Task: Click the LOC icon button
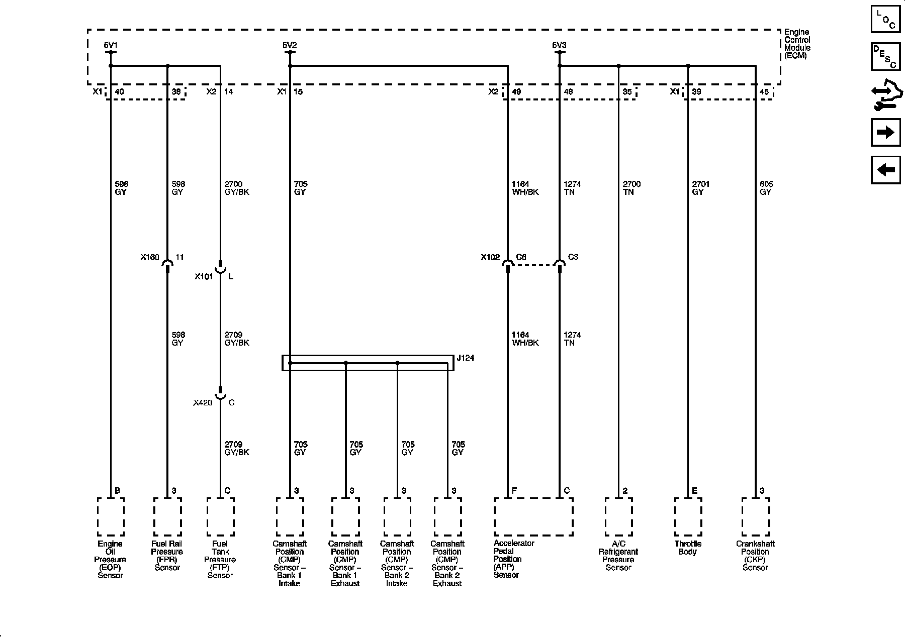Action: coord(885,20)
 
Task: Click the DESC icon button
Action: coord(885,56)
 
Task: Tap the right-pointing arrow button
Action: coord(885,132)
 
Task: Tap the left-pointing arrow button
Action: coord(885,170)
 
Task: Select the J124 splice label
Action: coord(465,358)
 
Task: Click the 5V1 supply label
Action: coord(110,45)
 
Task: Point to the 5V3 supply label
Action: coord(559,45)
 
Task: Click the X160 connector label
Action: coord(149,257)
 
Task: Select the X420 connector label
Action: coord(203,403)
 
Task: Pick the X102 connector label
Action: coord(490,257)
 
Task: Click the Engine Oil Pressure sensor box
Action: coord(111,517)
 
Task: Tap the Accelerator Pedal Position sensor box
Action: coord(533,517)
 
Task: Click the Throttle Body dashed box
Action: coord(688,517)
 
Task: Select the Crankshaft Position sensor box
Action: coord(755,517)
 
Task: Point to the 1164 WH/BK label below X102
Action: coord(525,339)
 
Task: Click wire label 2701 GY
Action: coord(701,188)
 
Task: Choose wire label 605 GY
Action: coord(766,188)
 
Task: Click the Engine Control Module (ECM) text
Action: coord(797,44)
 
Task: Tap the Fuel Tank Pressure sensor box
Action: coord(220,517)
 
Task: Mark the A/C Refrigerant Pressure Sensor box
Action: coord(618,517)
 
